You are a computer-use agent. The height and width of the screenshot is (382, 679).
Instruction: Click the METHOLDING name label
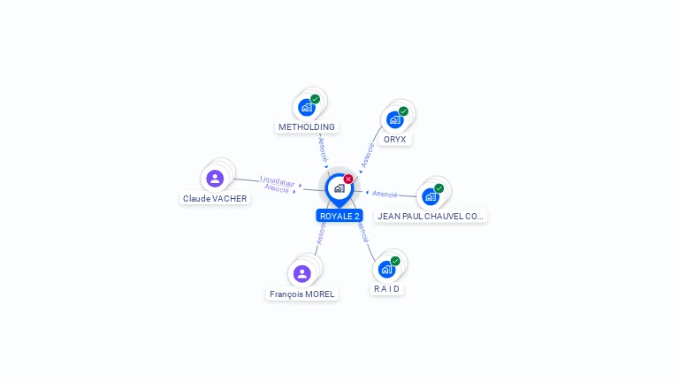[307, 127]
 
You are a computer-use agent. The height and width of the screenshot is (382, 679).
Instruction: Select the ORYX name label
[394, 140]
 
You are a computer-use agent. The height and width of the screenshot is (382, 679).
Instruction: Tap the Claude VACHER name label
[215, 198]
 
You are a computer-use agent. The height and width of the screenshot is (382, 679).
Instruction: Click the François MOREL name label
[301, 294]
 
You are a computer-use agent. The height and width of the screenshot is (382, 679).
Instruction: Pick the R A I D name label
[386, 289]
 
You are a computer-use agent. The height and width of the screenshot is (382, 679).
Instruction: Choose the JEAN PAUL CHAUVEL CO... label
[430, 216]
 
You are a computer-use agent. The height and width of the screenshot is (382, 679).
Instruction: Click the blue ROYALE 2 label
[339, 216]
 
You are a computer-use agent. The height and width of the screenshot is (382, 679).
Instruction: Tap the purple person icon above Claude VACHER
[215, 179]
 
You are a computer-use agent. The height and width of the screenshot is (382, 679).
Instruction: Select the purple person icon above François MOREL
[301, 274]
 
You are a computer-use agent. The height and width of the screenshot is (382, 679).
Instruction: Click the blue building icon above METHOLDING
[307, 107]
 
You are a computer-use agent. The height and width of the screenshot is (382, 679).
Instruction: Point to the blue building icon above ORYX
[394, 120]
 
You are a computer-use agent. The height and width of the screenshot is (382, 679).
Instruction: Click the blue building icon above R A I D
[386, 270]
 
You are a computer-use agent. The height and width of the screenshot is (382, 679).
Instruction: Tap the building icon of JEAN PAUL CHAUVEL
[430, 197]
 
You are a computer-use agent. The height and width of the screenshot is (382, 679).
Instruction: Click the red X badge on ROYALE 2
[348, 179]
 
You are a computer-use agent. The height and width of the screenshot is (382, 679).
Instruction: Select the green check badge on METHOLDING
[316, 99]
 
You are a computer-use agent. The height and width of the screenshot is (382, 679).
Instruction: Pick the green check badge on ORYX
[403, 111]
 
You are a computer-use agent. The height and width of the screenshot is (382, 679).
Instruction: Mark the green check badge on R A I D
[395, 261]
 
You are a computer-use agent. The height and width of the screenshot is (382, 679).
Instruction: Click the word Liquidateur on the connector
[277, 181]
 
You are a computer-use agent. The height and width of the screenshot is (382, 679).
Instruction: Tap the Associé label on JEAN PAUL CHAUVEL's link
[385, 194]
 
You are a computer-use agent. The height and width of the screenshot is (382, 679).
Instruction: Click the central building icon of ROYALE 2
[339, 188]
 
